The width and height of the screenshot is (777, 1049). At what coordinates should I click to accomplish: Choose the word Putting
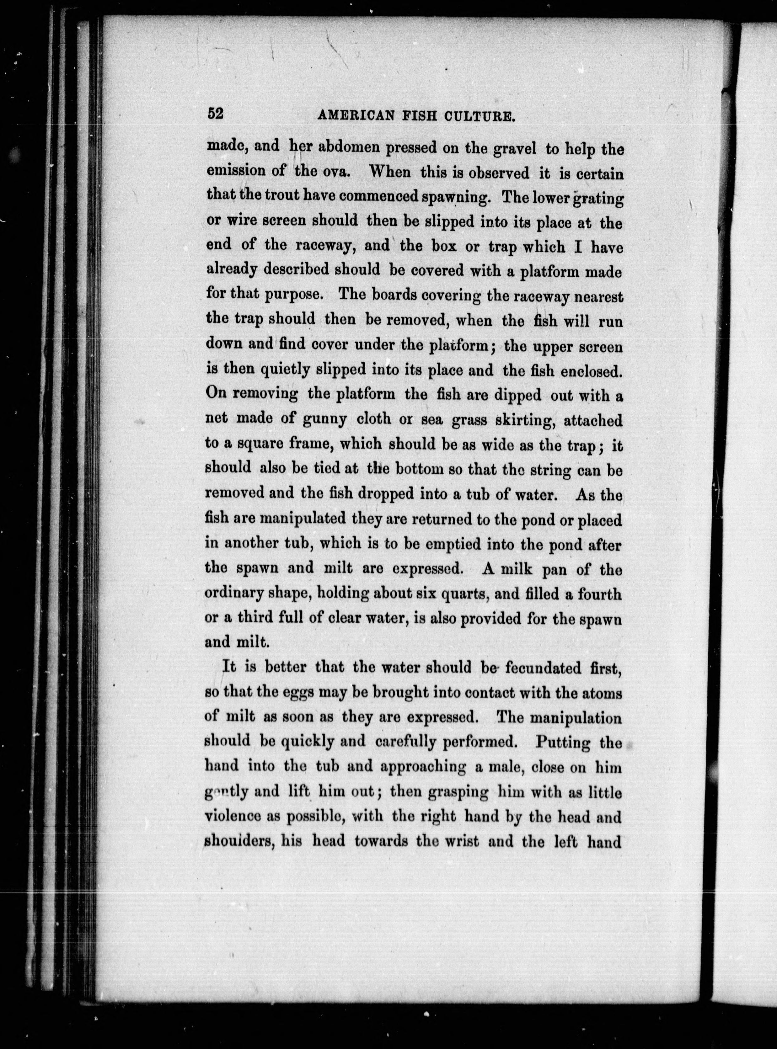click(563, 742)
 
